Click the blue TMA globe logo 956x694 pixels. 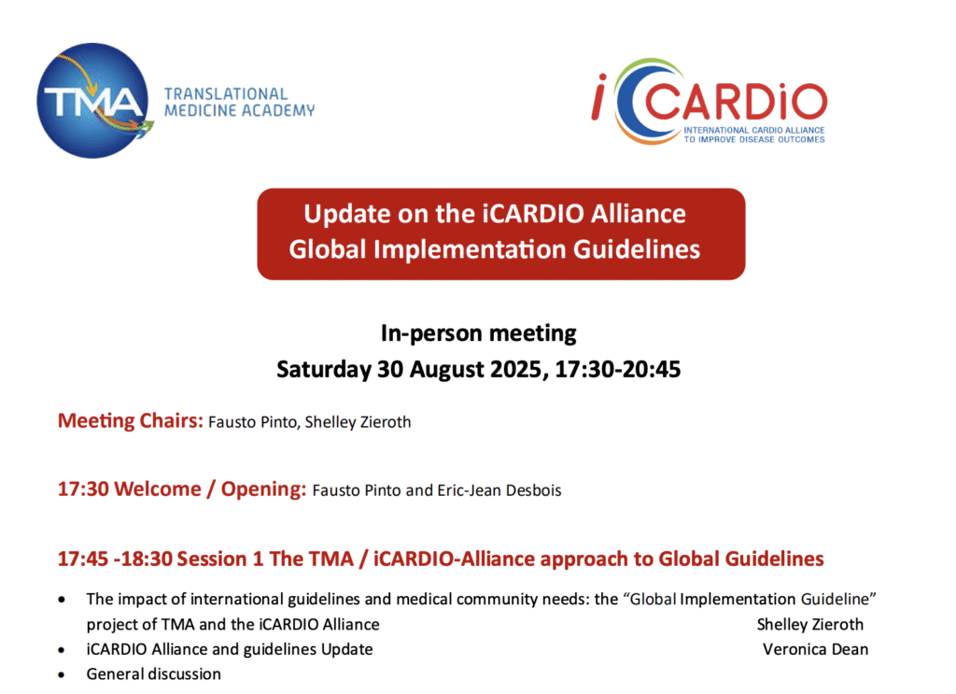tap(92, 101)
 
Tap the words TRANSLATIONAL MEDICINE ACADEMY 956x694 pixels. tap(239, 103)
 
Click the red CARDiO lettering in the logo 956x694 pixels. tap(736, 102)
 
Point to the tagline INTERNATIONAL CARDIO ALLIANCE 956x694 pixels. tap(754, 130)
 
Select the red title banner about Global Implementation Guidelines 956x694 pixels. tap(500, 234)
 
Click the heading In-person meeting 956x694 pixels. tap(479, 333)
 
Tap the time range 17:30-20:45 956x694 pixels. tap(618, 369)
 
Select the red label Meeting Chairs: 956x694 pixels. tap(131, 421)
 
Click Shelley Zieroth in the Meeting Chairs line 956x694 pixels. tap(358, 422)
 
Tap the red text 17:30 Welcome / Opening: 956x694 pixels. tap(182, 489)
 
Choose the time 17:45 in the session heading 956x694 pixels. tap(83, 559)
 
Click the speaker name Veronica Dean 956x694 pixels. tap(816, 649)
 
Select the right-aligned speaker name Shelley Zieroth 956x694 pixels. tap(810, 625)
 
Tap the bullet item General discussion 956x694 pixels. tap(154, 673)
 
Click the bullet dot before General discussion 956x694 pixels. tap(62, 675)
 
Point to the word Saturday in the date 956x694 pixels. tap(324, 370)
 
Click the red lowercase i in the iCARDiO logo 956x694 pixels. tap(599, 96)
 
